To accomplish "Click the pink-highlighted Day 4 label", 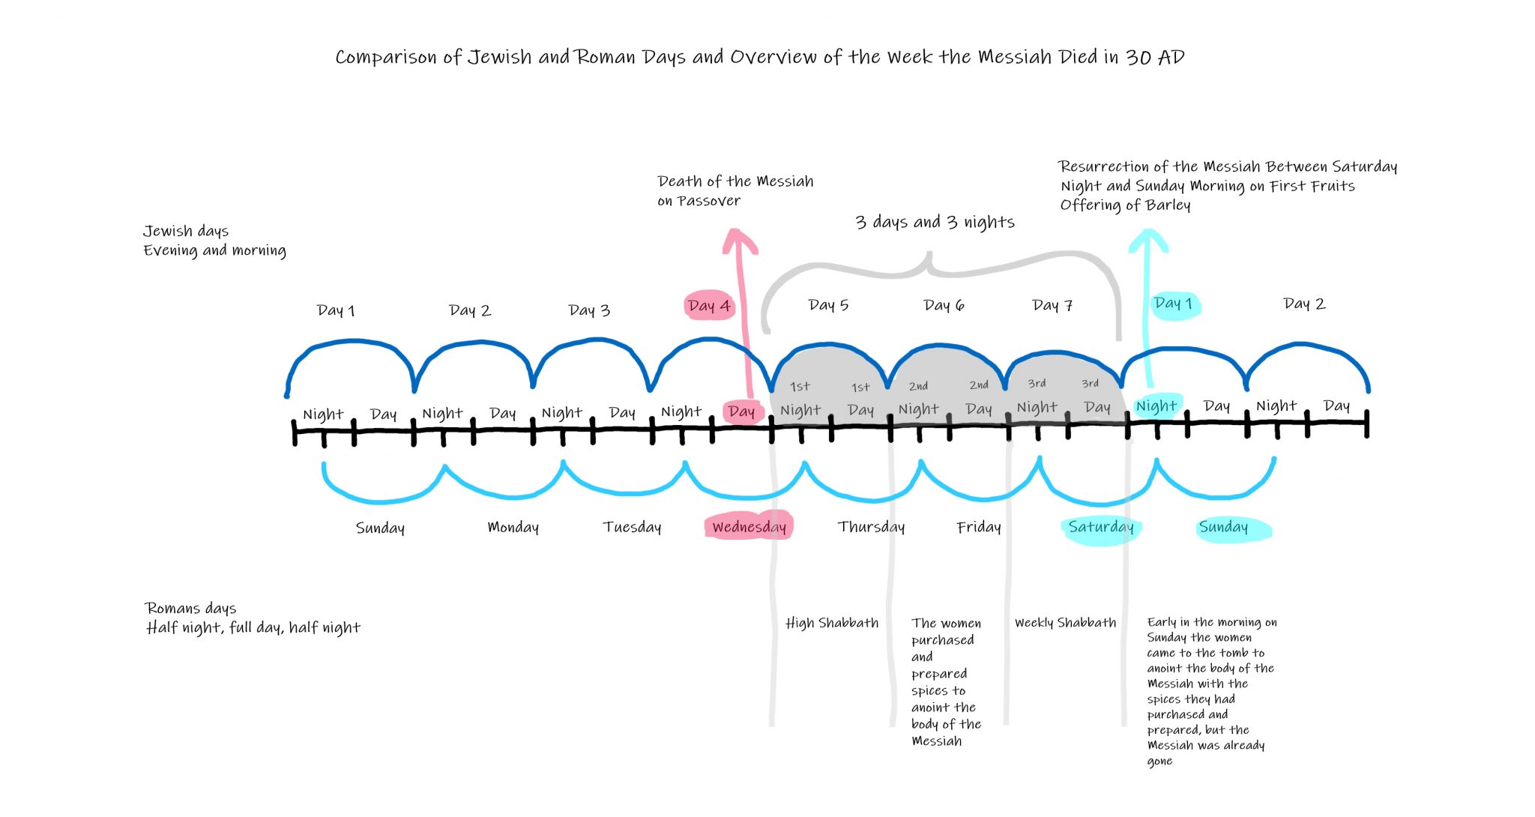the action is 708,306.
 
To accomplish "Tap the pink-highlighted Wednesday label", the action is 749,526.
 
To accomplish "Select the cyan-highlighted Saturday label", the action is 1100,528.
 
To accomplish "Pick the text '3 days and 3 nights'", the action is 935,222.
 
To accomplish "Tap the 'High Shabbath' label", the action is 832,623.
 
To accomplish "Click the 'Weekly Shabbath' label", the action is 1065,623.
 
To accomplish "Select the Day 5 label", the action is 828,305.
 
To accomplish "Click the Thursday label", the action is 871,527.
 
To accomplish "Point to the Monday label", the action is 513,527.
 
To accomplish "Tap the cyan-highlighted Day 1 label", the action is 1174,304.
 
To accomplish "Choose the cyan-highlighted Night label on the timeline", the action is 1156,406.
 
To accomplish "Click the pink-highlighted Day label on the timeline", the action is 741,411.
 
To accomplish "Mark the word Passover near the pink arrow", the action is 708,201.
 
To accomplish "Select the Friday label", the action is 979,527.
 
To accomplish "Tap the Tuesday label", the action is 632,527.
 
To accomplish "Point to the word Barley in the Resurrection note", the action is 1168,205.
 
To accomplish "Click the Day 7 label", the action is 1052,305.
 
